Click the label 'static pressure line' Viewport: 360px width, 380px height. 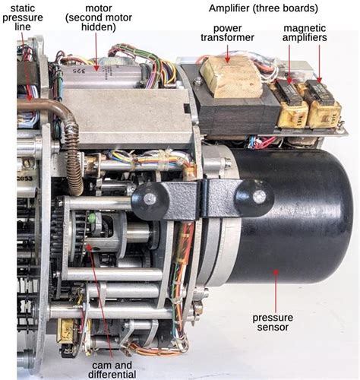pyautogui.click(x=23, y=17)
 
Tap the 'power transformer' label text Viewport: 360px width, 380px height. pyautogui.click(x=227, y=33)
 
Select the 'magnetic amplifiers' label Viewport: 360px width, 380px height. pyautogui.click(x=305, y=33)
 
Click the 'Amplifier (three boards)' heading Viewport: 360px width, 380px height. pyautogui.click(x=264, y=8)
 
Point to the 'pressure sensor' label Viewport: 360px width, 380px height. pyautogui.click(x=273, y=322)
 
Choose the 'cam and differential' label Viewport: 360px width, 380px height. pyautogui.click(x=112, y=370)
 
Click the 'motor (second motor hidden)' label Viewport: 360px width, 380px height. pyautogui.click(x=99, y=17)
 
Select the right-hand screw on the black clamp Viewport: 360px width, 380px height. pyautogui.click(x=259, y=197)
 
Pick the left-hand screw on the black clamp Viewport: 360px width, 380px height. pyautogui.click(x=150, y=199)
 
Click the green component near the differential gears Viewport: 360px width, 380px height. pyautogui.click(x=91, y=218)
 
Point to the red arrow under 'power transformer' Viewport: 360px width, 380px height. pyautogui.click(x=228, y=53)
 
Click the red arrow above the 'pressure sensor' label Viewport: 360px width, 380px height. pyautogui.click(x=276, y=291)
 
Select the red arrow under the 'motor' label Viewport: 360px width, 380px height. pyautogui.click(x=96, y=52)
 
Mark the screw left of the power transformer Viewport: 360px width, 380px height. pyautogui.click(x=197, y=81)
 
